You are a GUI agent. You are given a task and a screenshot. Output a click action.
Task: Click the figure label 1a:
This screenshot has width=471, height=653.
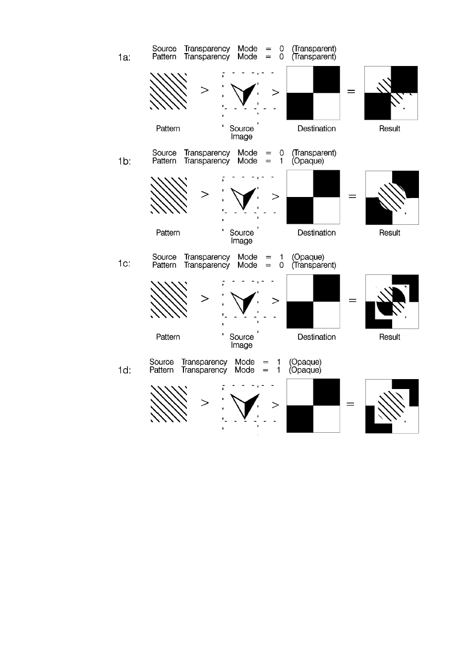pos(124,58)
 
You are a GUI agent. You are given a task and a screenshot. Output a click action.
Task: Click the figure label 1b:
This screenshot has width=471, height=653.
pos(124,162)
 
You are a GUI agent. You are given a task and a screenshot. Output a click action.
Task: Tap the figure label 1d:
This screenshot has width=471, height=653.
pos(124,370)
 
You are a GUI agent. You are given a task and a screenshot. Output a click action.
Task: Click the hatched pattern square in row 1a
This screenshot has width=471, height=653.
pos(169,91)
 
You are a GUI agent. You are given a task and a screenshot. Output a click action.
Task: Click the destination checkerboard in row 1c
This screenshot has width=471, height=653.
pos(313,301)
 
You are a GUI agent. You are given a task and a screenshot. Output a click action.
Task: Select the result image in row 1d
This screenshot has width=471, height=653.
pos(392,406)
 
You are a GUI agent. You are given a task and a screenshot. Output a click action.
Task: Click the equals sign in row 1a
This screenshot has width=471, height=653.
pos(351,92)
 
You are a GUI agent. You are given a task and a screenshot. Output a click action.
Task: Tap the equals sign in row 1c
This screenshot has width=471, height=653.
pos(352,300)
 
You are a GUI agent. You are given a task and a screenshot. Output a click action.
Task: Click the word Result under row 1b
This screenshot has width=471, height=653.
pos(390,233)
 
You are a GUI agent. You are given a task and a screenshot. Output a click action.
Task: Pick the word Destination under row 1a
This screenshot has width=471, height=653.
pos(316,129)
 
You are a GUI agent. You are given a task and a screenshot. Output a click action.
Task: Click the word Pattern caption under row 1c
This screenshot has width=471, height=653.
pos(168,337)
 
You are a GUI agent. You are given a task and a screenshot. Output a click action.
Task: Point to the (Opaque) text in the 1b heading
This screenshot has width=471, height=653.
pos(308,161)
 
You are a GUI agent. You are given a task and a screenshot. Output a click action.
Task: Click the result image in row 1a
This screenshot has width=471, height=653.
pos(391,93)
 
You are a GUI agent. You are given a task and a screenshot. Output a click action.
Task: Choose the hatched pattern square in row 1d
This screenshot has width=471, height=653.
pos(169,404)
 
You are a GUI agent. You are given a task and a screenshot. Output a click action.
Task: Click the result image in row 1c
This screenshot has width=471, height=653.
pos(392,301)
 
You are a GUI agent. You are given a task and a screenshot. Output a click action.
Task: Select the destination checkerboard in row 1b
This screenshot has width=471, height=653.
pos(313,197)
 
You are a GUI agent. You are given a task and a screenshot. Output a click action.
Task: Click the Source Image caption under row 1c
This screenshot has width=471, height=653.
pos(241,341)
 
